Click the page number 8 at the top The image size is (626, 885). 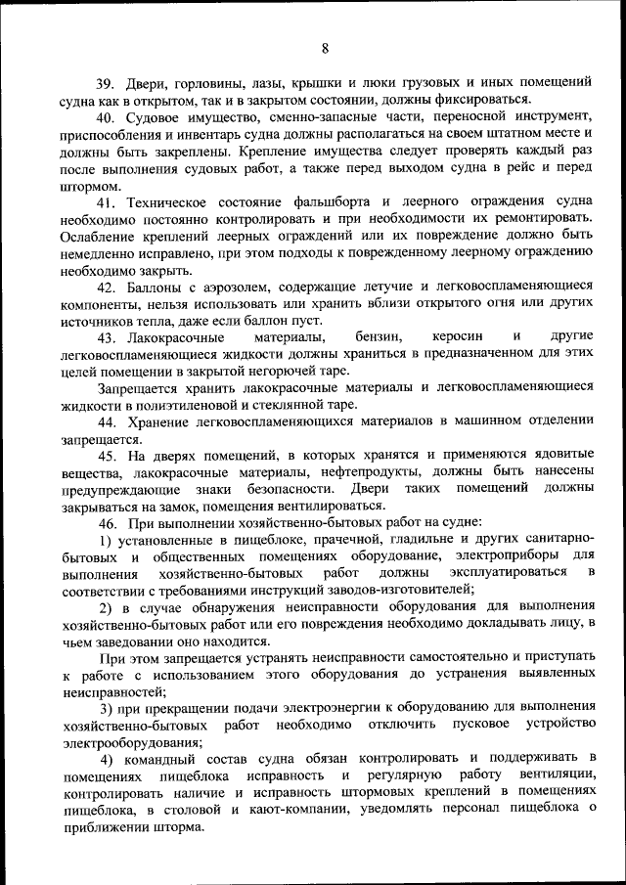[x=324, y=48]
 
